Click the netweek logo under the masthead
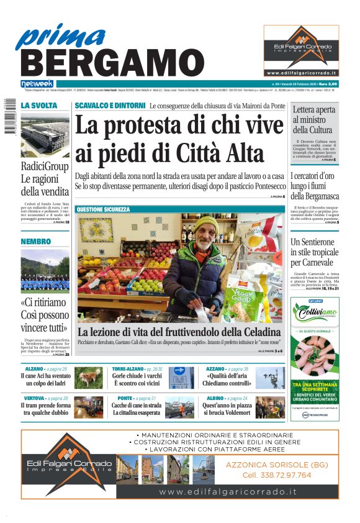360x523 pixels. coord(37,83)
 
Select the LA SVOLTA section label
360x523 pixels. coord(39,106)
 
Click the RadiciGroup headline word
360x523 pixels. coord(45,166)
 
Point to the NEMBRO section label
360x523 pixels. coord(36,241)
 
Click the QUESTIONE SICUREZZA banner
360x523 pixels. coord(103,210)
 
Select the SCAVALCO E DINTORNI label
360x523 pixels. coord(110,106)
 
